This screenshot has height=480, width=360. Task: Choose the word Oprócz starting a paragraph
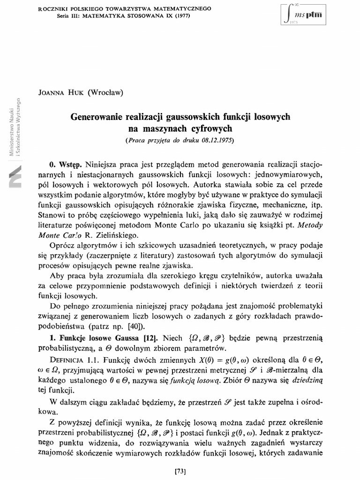click(62, 247)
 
